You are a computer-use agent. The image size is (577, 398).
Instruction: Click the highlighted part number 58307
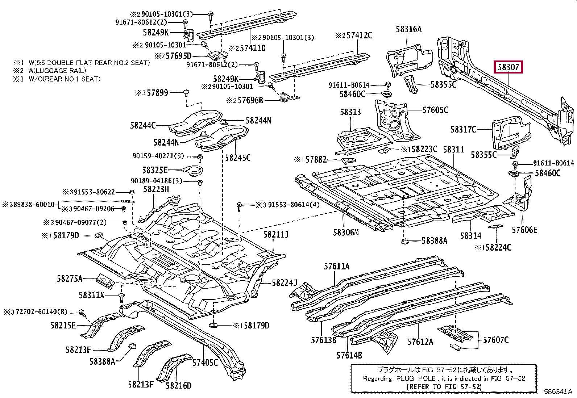point(508,67)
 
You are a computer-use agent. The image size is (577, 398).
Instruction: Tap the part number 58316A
point(408,29)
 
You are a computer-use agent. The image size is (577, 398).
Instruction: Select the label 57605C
point(435,110)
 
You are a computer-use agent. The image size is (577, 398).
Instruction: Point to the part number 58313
point(350,112)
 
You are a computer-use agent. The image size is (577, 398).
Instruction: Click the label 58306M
point(346,232)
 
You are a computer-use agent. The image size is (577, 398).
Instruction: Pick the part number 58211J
point(276,235)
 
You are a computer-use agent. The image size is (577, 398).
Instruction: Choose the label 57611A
point(337,267)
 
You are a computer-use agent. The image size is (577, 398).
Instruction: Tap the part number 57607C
point(496,340)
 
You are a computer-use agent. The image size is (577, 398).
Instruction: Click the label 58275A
point(70,278)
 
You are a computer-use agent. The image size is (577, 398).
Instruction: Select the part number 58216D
point(179,386)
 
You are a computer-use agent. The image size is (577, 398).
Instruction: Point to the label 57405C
point(205,363)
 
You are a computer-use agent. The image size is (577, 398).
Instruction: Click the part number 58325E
point(155,170)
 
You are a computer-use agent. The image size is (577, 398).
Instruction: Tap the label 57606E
point(524,230)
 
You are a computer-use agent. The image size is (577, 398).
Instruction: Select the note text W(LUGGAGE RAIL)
point(57,71)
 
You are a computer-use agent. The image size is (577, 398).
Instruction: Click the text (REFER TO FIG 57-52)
point(444,387)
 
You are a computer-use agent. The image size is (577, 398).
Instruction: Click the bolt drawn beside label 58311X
point(121,297)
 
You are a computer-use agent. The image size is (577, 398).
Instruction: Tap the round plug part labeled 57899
point(186,93)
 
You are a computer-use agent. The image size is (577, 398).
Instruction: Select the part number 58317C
point(463,130)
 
